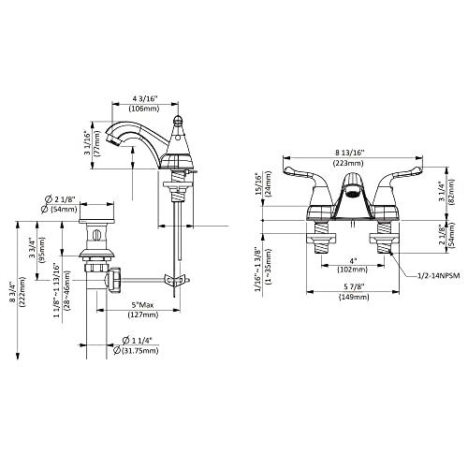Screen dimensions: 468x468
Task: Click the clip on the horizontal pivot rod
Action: tap(171, 278)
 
